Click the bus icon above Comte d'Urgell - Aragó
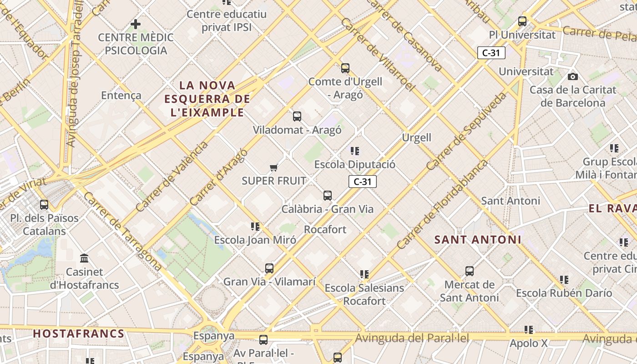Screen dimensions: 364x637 [x=345, y=68]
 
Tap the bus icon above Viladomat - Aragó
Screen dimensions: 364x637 [x=297, y=116]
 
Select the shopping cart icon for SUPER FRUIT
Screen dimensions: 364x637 [x=273, y=168]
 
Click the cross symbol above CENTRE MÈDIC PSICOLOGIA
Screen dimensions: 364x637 [x=136, y=24]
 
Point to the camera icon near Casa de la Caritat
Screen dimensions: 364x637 [x=573, y=76]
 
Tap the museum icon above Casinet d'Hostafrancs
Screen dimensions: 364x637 [x=84, y=258]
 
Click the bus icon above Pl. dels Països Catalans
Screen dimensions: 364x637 [x=44, y=205]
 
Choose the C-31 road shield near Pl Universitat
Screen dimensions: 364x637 [x=491, y=53]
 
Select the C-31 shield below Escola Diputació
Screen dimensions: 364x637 [x=363, y=182]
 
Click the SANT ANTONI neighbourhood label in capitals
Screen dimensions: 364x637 [x=478, y=239]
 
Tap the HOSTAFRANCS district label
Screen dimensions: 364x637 [x=79, y=334]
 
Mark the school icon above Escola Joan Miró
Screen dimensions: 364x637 [x=255, y=226]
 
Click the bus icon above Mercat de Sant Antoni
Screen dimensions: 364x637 [x=470, y=271]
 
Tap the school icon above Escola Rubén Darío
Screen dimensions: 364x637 [x=564, y=279]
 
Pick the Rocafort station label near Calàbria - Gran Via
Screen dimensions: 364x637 [x=325, y=229]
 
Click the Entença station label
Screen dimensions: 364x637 [x=121, y=96]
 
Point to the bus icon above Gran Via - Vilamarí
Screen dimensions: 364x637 [x=269, y=268]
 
